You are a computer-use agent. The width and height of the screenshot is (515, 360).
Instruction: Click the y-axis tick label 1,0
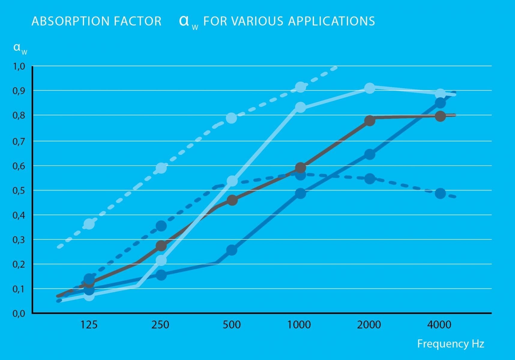tap(19, 66)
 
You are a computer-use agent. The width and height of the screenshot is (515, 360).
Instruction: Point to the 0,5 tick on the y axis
tap(19, 190)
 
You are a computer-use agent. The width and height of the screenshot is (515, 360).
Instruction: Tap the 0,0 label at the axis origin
tap(19, 313)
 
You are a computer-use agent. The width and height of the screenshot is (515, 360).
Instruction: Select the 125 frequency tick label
tap(89, 325)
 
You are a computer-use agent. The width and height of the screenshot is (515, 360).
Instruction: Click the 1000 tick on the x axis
tap(299, 325)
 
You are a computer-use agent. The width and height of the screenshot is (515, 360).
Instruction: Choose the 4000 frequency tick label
tap(439, 325)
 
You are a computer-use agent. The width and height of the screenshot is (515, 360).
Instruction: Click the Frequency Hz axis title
tap(450, 344)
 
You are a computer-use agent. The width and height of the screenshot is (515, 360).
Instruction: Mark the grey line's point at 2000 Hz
tap(370, 121)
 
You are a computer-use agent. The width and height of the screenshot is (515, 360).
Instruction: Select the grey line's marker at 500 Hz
tap(232, 200)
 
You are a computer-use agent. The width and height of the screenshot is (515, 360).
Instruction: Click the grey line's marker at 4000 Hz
tap(440, 116)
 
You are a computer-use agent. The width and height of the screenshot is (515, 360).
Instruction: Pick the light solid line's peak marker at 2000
tap(370, 88)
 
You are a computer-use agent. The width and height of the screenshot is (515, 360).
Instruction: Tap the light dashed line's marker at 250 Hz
tap(161, 168)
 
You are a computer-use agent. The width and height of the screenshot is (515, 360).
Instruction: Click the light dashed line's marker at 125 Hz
tap(89, 224)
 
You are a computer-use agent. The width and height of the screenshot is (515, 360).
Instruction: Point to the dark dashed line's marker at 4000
tap(440, 193)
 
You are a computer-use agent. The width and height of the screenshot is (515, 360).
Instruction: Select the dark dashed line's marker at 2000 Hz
tap(370, 179)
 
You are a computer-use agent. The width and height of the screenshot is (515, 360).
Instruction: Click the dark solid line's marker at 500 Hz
tap(232, 250)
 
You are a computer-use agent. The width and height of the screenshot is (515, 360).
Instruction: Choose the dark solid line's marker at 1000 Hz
tap(300, 193)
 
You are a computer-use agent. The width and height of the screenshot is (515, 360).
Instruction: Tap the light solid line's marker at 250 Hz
tap(161, 260)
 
